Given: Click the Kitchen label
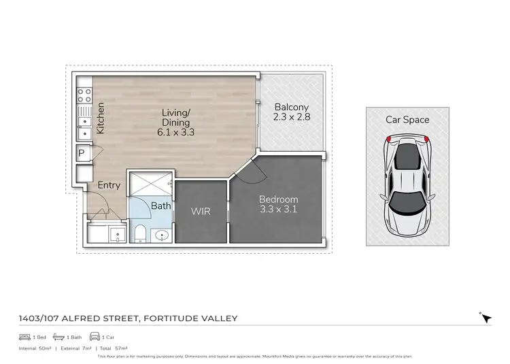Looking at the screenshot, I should [x=100, y=118].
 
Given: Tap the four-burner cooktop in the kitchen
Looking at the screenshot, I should [x=84, y=95].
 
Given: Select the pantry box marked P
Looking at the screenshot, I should [x=81, y=153].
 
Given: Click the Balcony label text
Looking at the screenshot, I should [x=291, y=107].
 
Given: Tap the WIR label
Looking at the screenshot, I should [x=201, y=212].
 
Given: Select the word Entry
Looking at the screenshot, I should [x=109, y=185].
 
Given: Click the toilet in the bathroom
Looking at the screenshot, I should [x=138, y=233].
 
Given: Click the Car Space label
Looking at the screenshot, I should [x=407, y=120].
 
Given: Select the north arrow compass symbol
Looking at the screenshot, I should [x=485, y=318].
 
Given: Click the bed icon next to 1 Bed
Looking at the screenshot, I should [x=25, y=337].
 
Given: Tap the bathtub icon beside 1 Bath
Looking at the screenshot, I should [x=59, y=337].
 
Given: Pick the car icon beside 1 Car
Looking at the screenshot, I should [x=95, y=337].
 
